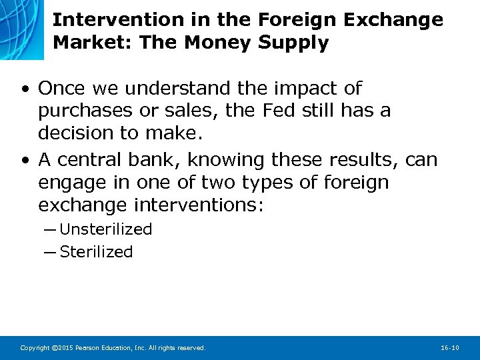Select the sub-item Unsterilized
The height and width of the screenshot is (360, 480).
pyautogui.click(x=105, y=229)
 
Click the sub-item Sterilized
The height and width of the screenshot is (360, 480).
pyautogui.click(x=96, y=252)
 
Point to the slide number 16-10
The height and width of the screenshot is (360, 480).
pyautogui.click(x=450, y=348)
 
